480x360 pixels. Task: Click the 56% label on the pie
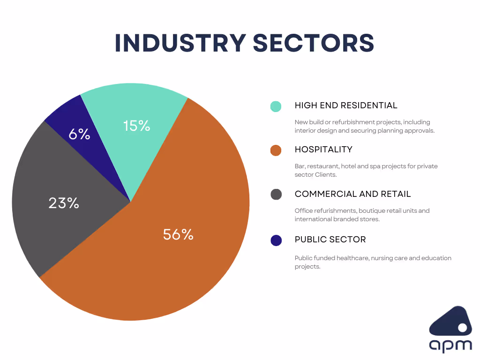(178, 234)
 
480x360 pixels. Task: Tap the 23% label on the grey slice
(64, 203)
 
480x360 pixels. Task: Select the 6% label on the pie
(79, 134)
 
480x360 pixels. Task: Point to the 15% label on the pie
(136, 126)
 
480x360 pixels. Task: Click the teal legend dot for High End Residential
(276, 106)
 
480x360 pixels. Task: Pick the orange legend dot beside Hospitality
(276, 150)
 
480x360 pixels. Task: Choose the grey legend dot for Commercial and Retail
(276, 194)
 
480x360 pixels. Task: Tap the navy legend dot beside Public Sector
(276, 240)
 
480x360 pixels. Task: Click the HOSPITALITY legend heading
(323, 150)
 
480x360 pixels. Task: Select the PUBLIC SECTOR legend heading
(330, 240)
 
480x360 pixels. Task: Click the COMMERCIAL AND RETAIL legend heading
(352, 194)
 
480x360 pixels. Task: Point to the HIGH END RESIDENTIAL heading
(346, 105)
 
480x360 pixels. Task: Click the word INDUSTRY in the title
(180, 43)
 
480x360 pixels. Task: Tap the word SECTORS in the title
(314, 43)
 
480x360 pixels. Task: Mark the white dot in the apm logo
(462, 327)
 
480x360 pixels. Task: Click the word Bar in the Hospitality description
(300, 166)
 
